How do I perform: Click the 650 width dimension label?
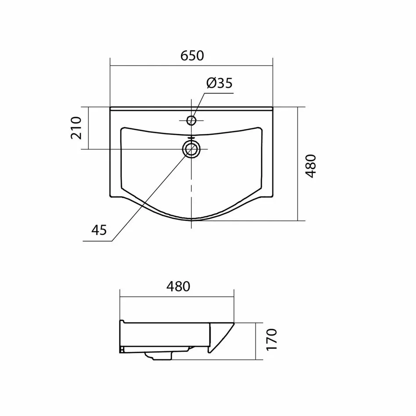coord(192,56)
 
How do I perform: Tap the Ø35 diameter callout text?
coord(219,83)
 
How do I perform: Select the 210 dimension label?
coord(76,128)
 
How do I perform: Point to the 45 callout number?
coord(99,230)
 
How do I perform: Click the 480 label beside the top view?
coord(311,166)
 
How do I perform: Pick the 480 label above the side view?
coord(178,286)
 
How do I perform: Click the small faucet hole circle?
coord(191,120)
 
